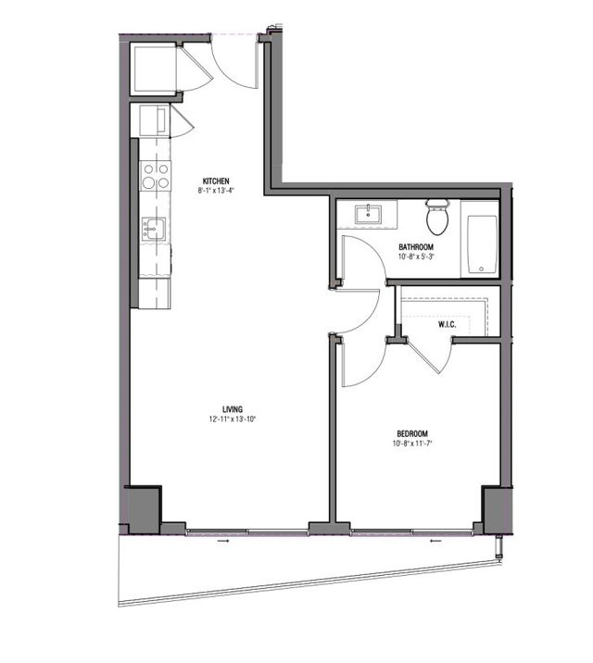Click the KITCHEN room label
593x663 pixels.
[216, 181]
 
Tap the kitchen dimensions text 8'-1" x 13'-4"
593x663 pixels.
[216, 191]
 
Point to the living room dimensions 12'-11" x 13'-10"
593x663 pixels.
[233, 419]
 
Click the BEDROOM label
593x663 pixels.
[412, 433]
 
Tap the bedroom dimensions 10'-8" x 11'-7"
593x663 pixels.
[412, 444]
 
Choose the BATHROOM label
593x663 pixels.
[416, 247]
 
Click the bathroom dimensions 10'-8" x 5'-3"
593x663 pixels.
[416, 257]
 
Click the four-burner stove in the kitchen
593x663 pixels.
[156, 175]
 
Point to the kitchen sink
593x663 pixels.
[153, 228]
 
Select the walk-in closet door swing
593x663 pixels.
[430, 357]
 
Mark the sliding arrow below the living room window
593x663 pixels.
[221, 542]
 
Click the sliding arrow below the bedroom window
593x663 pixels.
[436, 542]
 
